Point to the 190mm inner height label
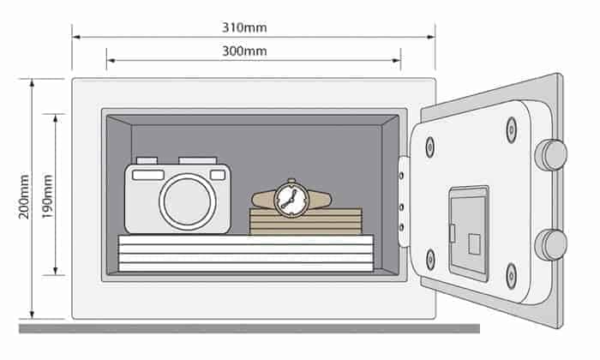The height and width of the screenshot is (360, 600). (49, 195)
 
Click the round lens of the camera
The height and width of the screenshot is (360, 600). (188, 201)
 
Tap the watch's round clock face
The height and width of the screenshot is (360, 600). (290, 200)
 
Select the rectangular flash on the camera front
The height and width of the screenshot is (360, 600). (147, 174)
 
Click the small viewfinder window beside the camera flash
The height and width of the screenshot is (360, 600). (218, 175)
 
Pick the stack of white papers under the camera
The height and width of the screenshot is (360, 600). (245, 254)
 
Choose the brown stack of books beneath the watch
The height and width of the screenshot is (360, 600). (305, 222)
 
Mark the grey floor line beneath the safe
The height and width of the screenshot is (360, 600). (249, 328)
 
